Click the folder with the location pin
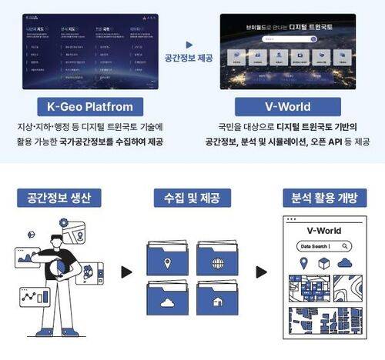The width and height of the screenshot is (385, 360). point(167,260)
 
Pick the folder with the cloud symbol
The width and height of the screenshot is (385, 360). point(167,302)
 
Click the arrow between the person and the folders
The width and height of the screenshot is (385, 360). point(127,272)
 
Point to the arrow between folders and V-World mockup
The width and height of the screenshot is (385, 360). point(261,272)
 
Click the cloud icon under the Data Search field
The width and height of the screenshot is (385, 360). point(344,263)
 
